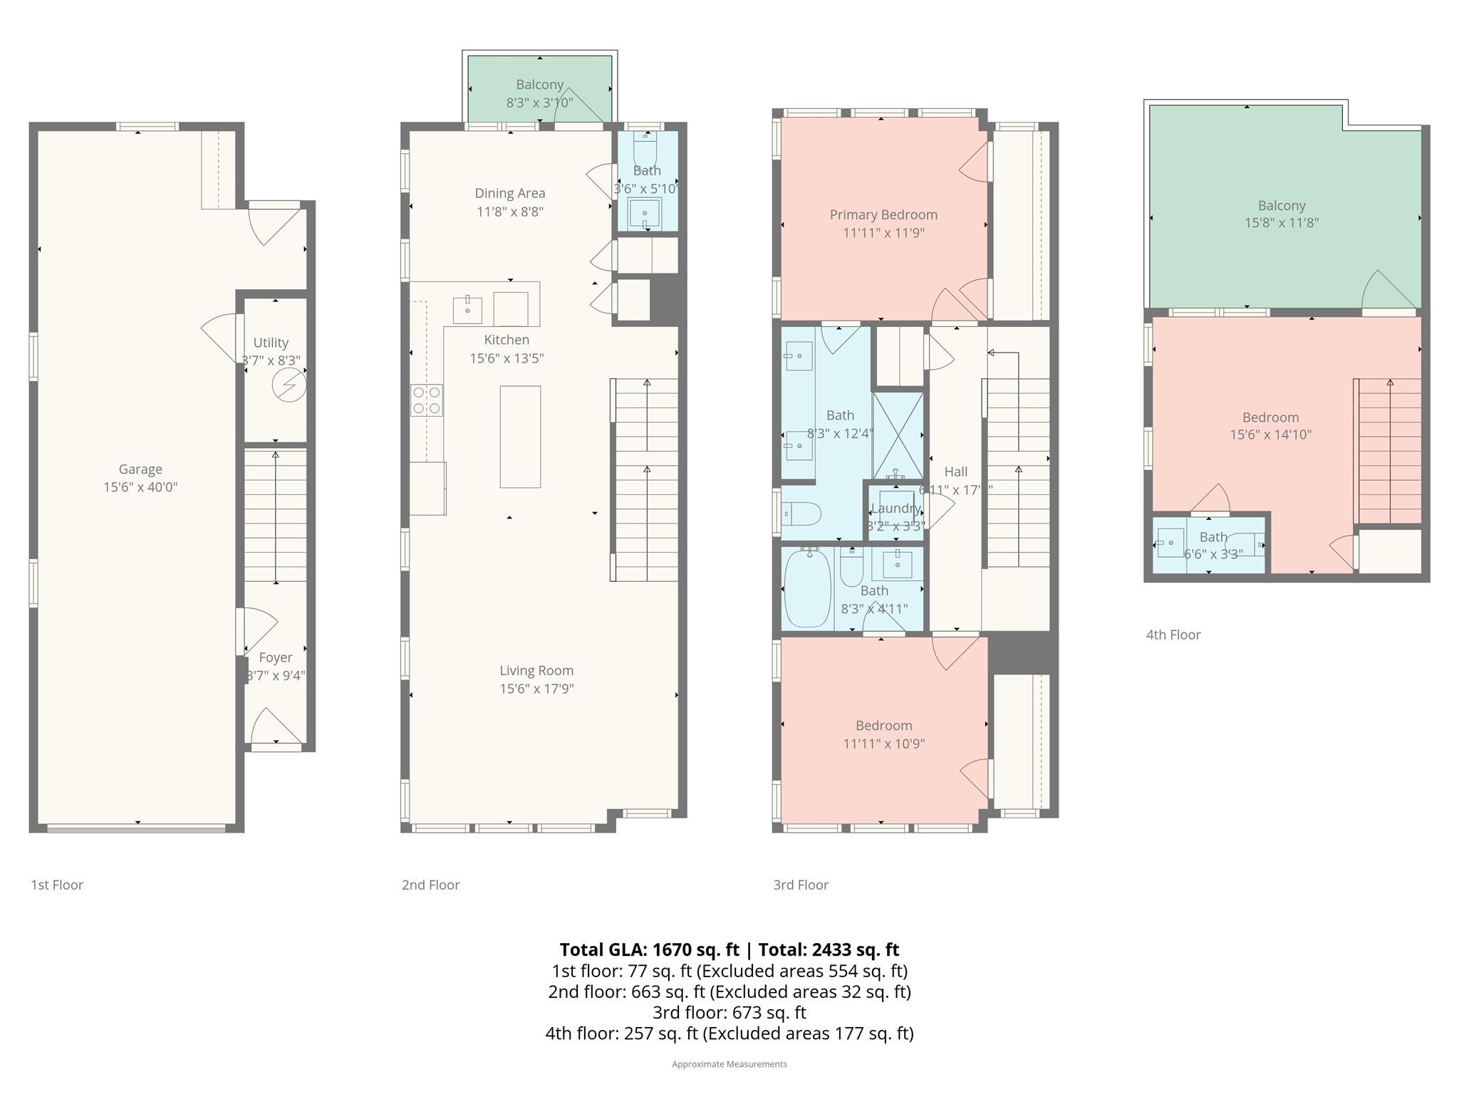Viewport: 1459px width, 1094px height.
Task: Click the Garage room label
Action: click(140, 469)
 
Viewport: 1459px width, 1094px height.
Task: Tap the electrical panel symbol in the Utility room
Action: click(289, 386)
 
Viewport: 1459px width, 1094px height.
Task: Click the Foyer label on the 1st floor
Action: click(275, 657)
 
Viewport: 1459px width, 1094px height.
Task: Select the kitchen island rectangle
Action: click(520, 437)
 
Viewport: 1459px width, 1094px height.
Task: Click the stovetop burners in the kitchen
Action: click(427, 400)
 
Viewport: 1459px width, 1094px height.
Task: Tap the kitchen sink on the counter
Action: click(467, 310)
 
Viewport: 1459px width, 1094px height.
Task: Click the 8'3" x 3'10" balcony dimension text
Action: click(539, 103)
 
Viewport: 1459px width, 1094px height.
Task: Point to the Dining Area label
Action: click(510, 193)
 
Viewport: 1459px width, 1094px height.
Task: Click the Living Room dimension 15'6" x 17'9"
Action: click(536, 689)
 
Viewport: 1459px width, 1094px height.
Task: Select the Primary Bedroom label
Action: click(883, 214)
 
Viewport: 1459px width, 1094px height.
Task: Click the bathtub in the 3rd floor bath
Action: click(807, 588)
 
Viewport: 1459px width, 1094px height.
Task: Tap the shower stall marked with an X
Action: click(898, 435)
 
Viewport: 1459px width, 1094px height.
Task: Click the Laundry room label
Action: click(895, 509)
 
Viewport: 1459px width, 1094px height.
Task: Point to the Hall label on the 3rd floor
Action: click(955, 472)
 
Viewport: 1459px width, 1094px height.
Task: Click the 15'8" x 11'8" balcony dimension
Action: click(1282, 223)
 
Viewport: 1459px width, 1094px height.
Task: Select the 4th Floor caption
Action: click(1173, 635)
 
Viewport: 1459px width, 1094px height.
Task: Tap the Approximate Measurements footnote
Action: click(729, 1064)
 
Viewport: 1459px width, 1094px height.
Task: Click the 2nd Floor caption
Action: click(430, 885)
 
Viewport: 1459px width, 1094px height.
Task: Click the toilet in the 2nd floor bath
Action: click(645, 149)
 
